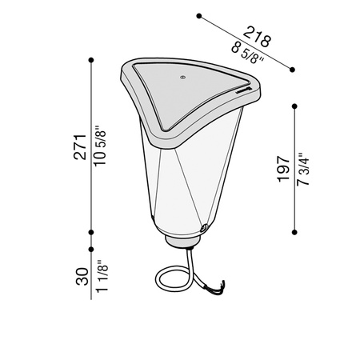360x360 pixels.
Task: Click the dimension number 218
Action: pos(258,37)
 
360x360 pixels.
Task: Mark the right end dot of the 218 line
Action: pos(295,69)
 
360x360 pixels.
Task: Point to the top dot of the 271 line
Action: pos(93,60)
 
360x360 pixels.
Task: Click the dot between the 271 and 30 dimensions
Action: pos(93,233)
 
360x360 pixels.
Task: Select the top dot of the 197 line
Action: pos(295,104)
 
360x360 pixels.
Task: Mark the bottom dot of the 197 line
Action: pos(295,232)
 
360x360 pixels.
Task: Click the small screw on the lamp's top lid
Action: pos(183,78)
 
